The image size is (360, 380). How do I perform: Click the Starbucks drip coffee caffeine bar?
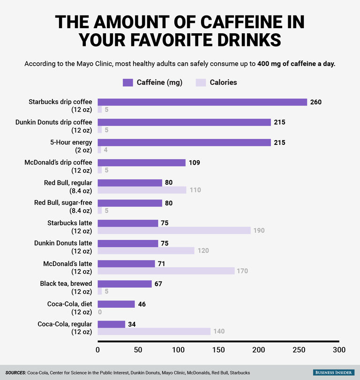point(202,102)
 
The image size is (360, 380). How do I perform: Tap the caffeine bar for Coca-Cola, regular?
point(111,324)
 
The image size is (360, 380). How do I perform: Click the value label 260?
point(316,102)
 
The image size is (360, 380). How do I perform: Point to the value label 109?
point(194,163)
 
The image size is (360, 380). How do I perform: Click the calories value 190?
point(259,231)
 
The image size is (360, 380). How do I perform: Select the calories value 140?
point(219,332)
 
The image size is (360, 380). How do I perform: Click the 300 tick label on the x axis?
point(339,350)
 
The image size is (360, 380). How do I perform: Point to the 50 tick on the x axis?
point(138,350)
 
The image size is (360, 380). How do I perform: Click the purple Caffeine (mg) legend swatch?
point(128,82)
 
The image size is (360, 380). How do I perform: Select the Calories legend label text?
point(223,82)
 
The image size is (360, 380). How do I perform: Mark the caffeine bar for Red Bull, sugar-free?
point(130,203)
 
